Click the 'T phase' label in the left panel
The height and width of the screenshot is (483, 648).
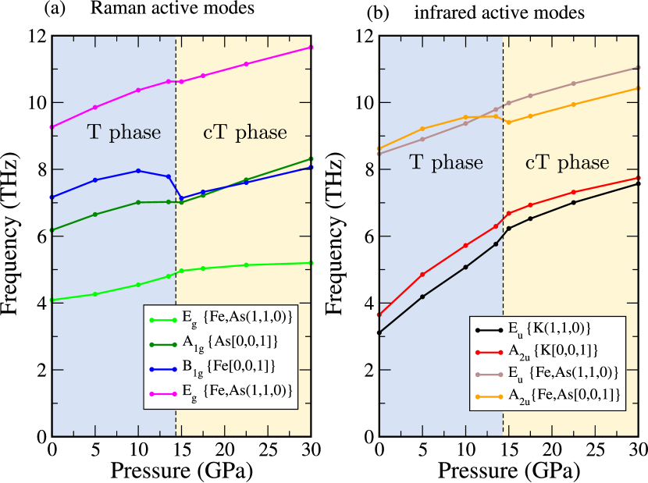pos(123,133)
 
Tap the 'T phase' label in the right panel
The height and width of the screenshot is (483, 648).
pos(446,163)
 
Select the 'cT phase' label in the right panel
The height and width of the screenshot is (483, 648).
pos(567,163)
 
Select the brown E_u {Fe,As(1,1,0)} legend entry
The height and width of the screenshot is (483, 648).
pos(547,375)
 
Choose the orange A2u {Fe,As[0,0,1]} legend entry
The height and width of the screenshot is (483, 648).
pos(547,397)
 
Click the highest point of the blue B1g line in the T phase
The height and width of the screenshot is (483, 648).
pos(138,171)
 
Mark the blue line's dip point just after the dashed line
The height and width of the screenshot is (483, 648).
pos(181,198)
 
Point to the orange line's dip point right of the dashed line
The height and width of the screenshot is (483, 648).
pos(509,123)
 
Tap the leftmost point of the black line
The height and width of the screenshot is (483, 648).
pos(380,333)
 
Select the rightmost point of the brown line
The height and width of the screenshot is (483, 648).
pos(638,67)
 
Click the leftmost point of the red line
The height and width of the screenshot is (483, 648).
pos(380,314)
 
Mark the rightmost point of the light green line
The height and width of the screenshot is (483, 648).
pos(310,263)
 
